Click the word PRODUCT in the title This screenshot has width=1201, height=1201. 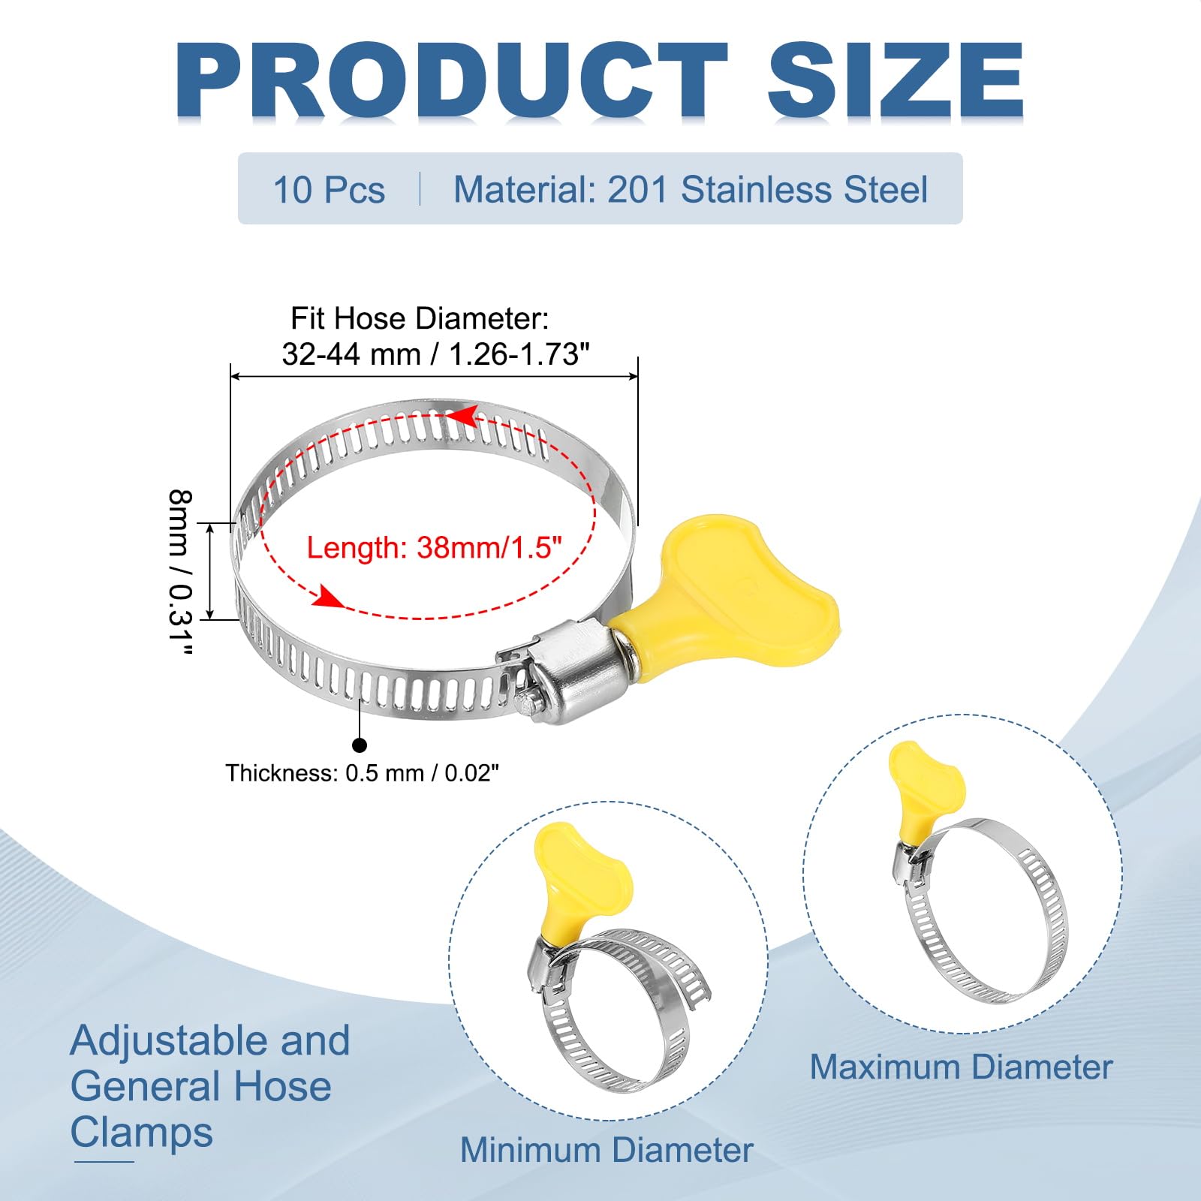(x=451, y=80)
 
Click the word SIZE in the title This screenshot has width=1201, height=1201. (x=895, y=80)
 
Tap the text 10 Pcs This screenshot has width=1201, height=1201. (x=329, y=189)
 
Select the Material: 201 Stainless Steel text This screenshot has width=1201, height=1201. (x=691, y=189)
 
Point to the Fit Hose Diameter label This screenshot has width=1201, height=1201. (x=420, y=318)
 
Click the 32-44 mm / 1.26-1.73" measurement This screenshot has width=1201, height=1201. (x=435, y=354)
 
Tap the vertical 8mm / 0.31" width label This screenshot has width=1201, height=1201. (x=180, y=573)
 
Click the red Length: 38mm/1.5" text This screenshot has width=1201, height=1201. (x=434, y=548)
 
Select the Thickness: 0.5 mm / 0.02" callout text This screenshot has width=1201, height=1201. (x=363, y=772)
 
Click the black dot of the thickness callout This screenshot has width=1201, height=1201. (x=360, y=745)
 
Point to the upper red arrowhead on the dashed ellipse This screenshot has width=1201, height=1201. (x=463, y=414)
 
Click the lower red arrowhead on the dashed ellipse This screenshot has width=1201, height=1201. (x=327, y=597)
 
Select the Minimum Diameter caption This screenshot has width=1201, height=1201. (x=607, y=1149)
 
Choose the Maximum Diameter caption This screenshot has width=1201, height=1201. (x=961, y=1067)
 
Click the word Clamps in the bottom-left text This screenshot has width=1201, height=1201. (x=142, y=1133)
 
